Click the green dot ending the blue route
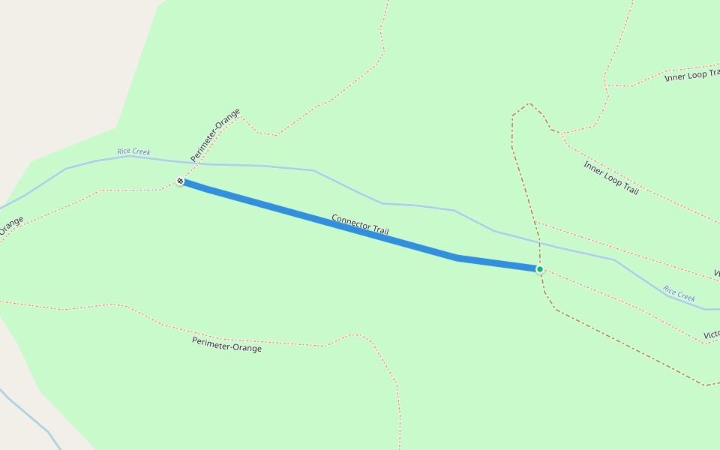[x=539, y=268]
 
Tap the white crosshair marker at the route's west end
[x=180, y=181]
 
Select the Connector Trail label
[x=360, y=223]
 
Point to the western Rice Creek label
[x=133, y=151]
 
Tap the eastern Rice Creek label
[x=679, y=293]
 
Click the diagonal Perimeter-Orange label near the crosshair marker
[x=215, y=135]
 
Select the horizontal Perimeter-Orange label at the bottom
[x=226, y=343]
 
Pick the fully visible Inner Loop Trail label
[x=611, y=178]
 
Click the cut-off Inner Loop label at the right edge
[x=691, y=74]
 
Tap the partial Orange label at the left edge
[x=11, y=226]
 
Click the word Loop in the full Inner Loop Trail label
[x=611, y=178]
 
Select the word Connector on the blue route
[x=349, y=220]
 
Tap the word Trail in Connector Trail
[x=379, y=229]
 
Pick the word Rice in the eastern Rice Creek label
[x=669, y=289]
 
